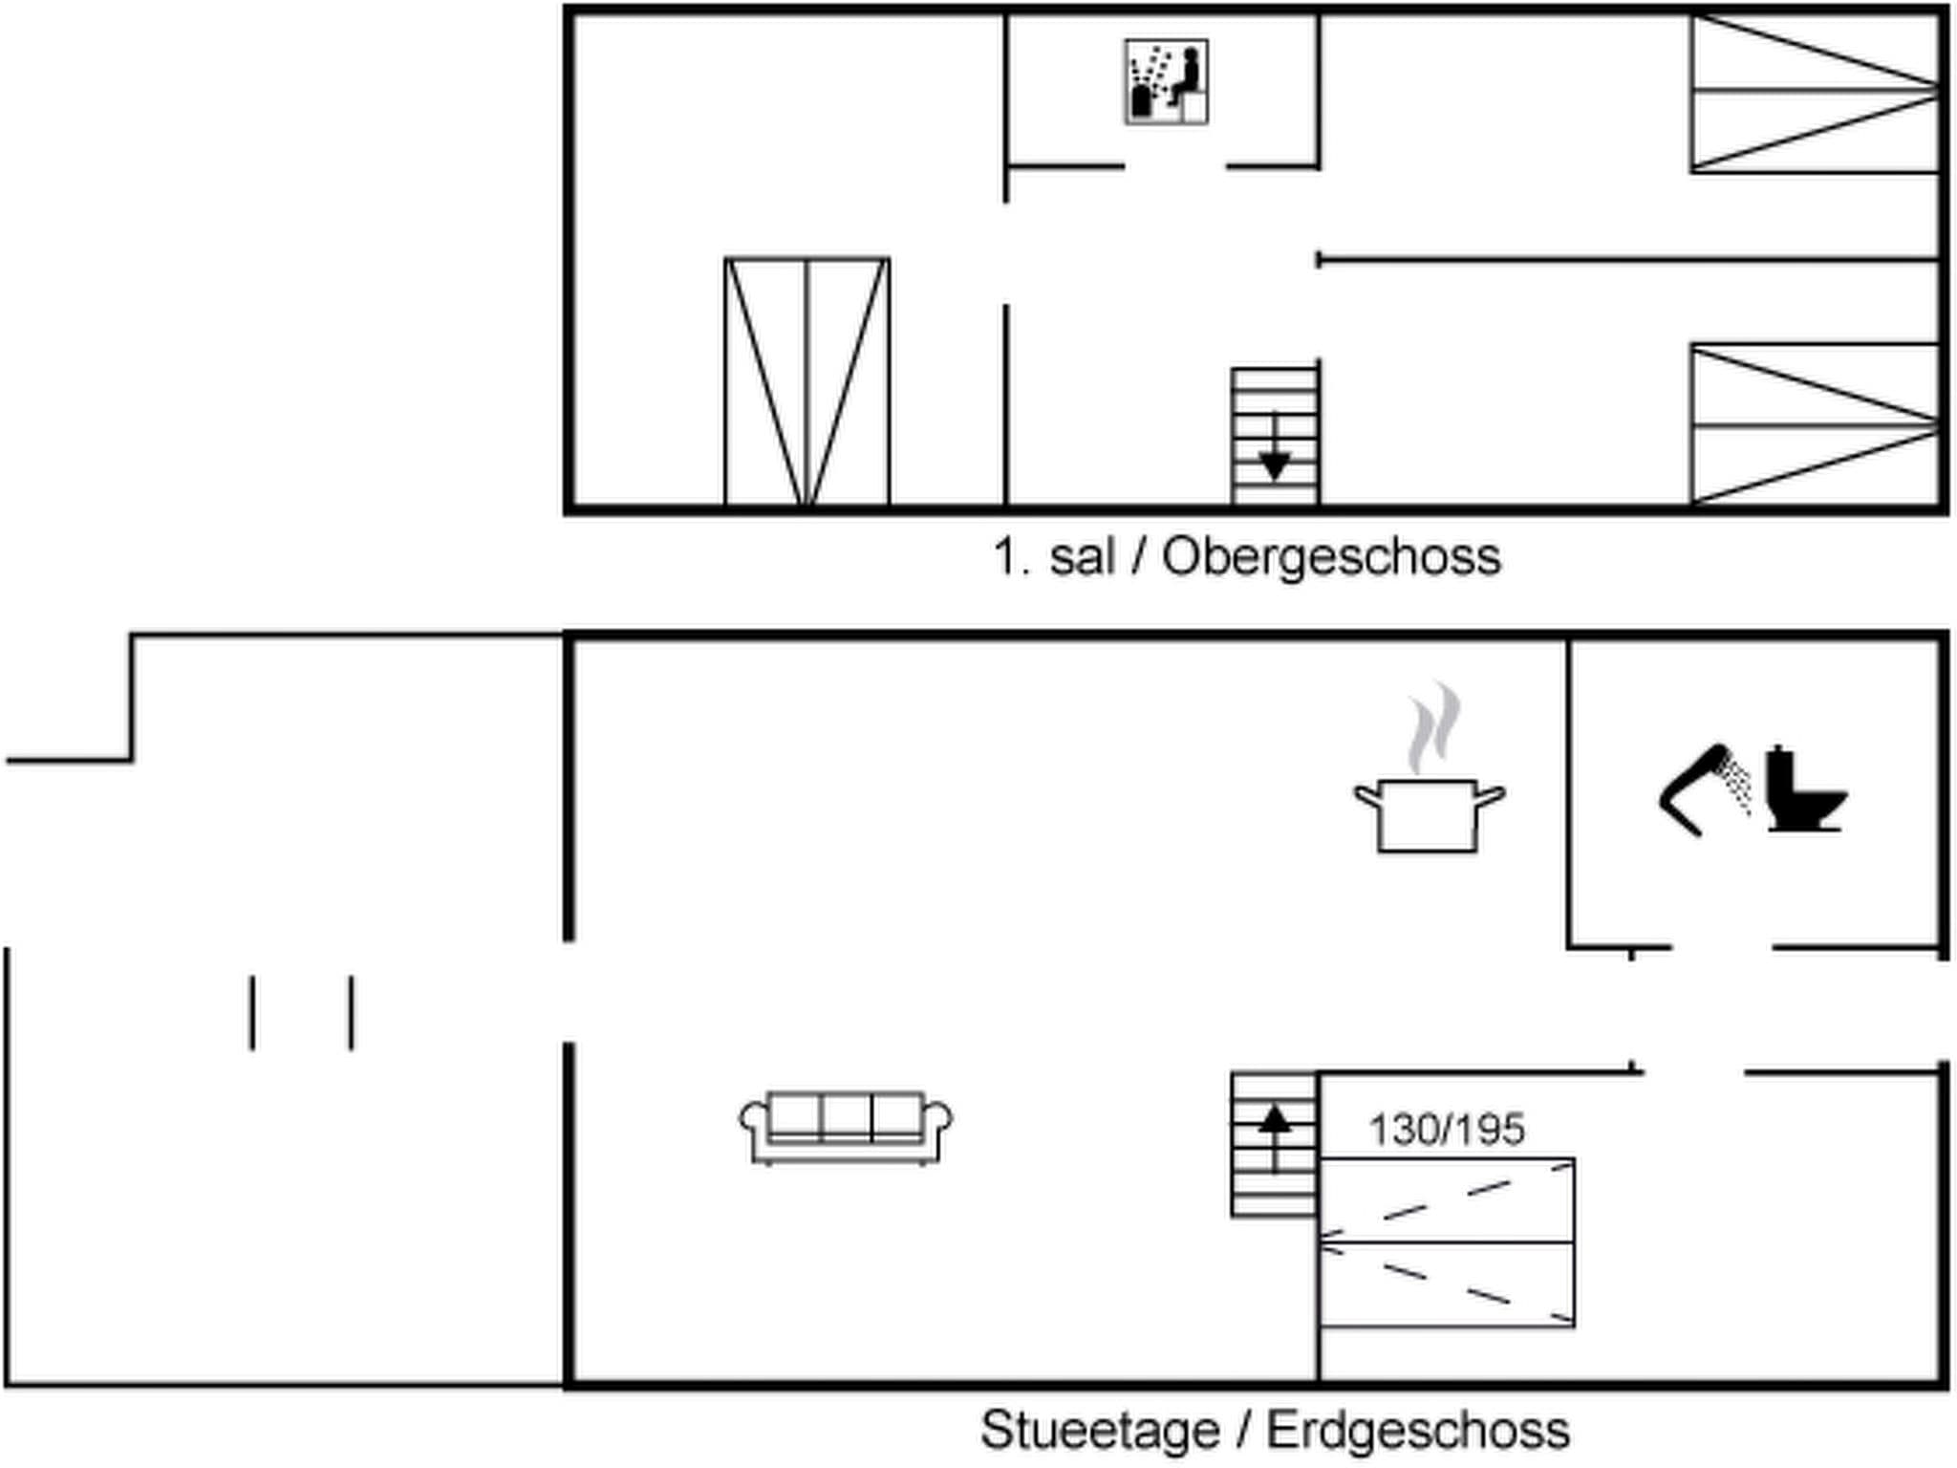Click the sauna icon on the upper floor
pos(1166,82)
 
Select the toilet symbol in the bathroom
pos(1804,789)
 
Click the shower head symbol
pos(1706,789)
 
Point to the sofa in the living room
pos(846,1128)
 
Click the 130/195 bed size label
pos(1447,1130)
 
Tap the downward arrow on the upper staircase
pos(1275,463)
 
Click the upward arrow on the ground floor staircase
pos(1275,1120)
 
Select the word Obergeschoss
pos(1331,556)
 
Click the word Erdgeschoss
pos(1418,1431)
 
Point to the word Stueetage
pos(1100,1431)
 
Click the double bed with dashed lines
pos(1447,1242)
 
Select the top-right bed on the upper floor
pos(1814,93)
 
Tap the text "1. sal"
pos(1054,556)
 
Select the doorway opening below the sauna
pos(1175,167)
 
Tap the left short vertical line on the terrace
pos(252,1013)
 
